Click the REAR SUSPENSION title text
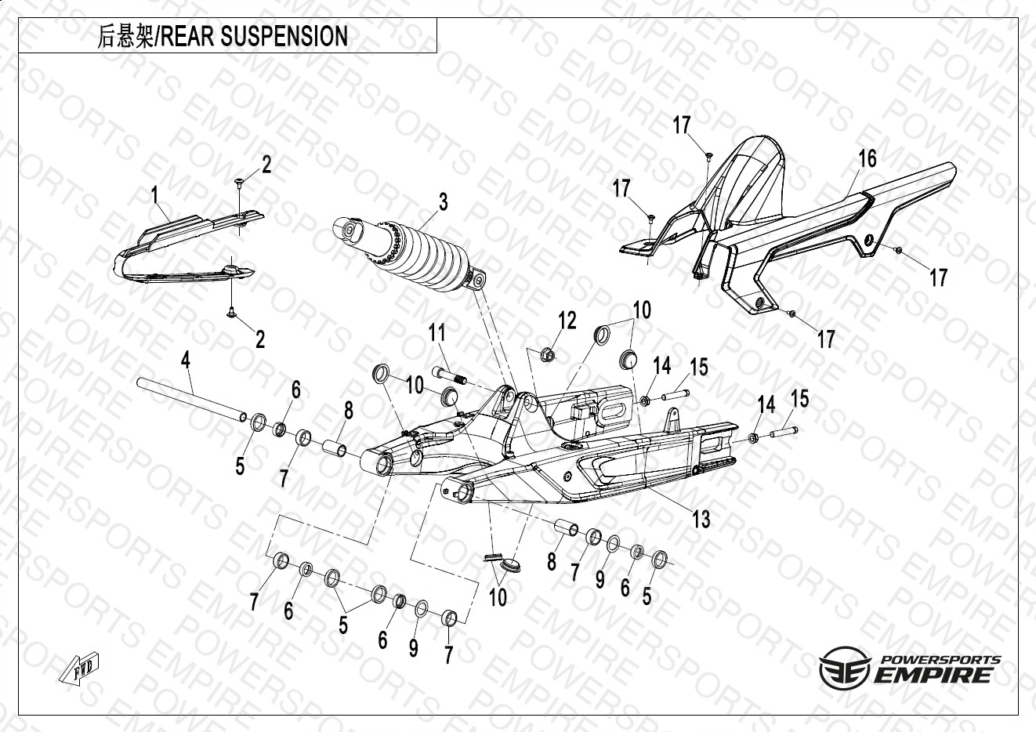pyautogui.click(x=253, y=36)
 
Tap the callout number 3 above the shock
pyautogui.click(x=443, y=202)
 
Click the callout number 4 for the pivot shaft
pyautogui.click(x=185, y=361)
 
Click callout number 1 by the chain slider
pyautogui.click(x=155, y=194)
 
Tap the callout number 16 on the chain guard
pyautogui.click(x=867, y=159)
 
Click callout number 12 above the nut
pyautogui.click(x=567, y=321)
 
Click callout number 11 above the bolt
pyautogui.click(x=436, y=333)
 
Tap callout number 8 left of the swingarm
pyautogui.click(x=349, y=410)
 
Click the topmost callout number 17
pyautogui.click(x=681, y=125)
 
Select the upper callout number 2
pyautogui.click(x=266, y=165)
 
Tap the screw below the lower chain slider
pyautogui.click(x=233, y=313)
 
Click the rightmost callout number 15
pyautogui.click(x=799, y=399)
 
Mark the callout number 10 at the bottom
pyautogui.click(x=498, y=598)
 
